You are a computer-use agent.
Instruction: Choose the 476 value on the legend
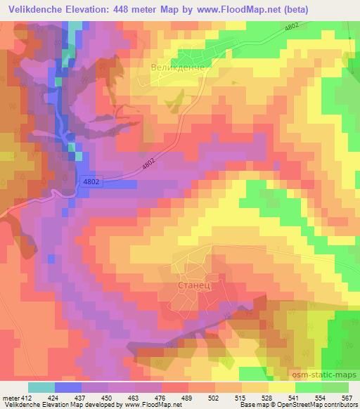click(158, 397)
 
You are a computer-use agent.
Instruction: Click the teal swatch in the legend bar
click(41, 387)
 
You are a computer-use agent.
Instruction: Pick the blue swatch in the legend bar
click(67, 387)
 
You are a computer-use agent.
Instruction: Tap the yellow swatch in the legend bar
click(281, 387)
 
